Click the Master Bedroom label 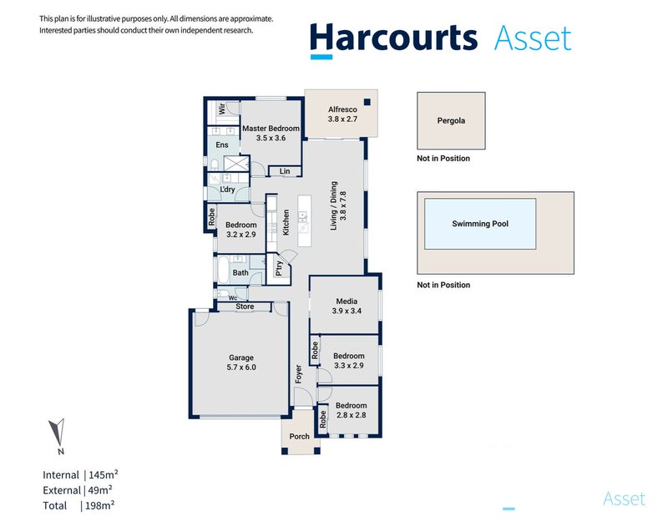click(x=271, y=129)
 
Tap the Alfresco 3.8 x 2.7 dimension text click(x=342, y=119)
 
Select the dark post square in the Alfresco click(x=367, y=102)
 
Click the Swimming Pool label click(x=480, y=224)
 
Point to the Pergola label click(x=451, y=120)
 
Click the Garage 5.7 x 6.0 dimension click(x=241, y=367)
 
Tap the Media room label click(x=347, y=302)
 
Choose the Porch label click(x=300, y=436)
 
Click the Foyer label click(x=299, y=374)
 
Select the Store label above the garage click(x=245, y=307)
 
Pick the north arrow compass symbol click(x=57, y=432)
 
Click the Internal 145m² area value click(x=104, y=474)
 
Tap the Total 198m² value click(x=99, y=505)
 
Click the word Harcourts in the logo click(x=393, y=38)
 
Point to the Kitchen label click(x=286, y=222)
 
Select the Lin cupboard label click(x=285, y=171)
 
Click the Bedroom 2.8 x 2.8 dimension click(x=352, y=415)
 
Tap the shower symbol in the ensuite click(x=236, y=164)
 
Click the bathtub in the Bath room click(x=223, y=269)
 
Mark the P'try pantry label click(x=279, y=268)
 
